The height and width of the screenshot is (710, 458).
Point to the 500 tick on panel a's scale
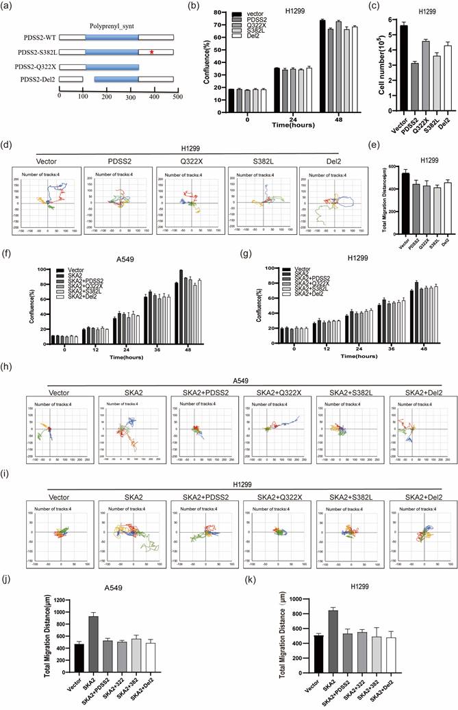(x=176, y=98)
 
